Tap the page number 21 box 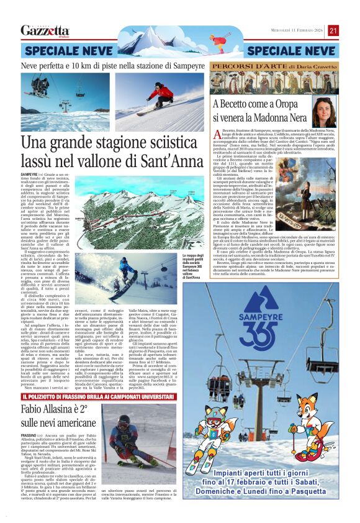pos(333,30)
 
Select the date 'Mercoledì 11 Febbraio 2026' pos(292,30)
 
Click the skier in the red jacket pos(163,94)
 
